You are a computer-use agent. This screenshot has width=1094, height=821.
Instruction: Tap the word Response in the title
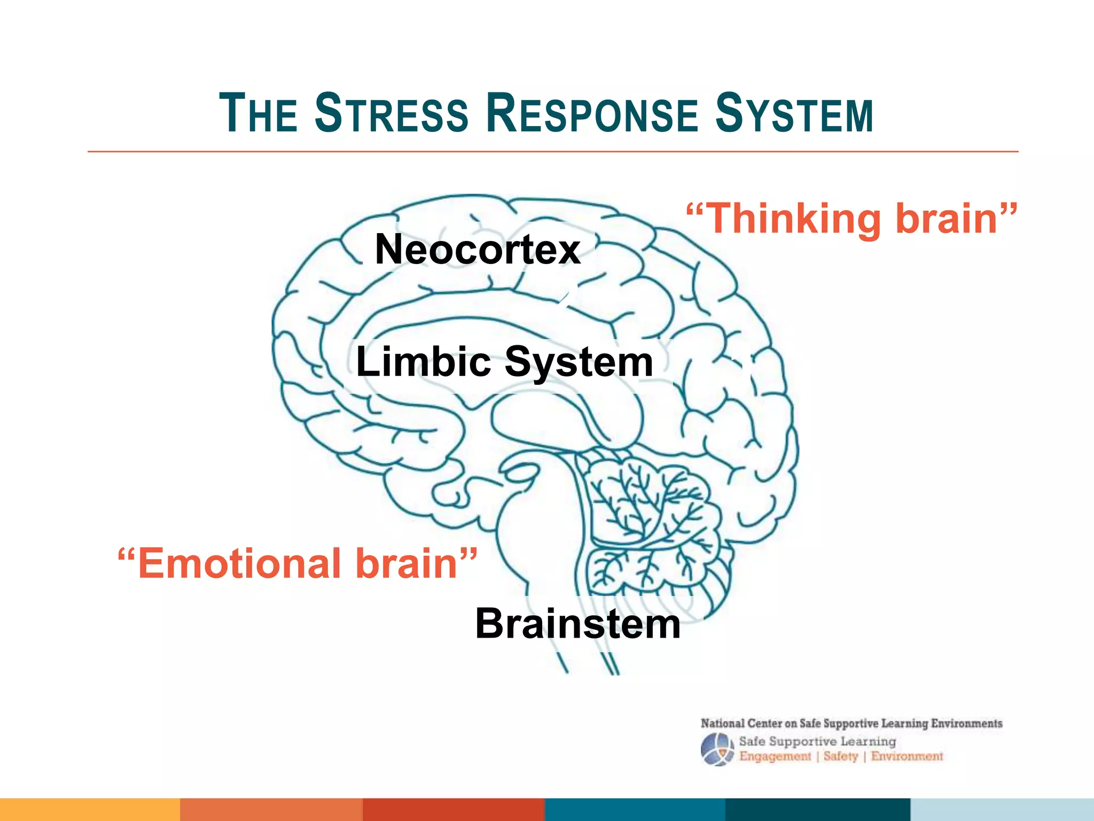click(x=592, y=113)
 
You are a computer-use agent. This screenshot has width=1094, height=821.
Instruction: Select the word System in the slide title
click(x=794, y=113)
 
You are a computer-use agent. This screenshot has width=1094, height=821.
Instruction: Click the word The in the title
click(x=258, y=113)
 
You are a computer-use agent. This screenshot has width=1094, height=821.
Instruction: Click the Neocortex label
click(x=478, y=250)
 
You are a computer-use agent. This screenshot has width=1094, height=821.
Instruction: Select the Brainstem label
click(x=578, y=624)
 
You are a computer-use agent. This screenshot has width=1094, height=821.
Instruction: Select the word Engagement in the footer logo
click(x=775, y=756)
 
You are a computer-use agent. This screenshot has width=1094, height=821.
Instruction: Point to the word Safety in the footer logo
click(x=840, y=756)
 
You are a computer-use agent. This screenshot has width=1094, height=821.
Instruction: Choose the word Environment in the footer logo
click(x=907, y=756)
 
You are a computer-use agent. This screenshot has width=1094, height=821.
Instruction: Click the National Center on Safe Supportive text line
click(x=851, y=724)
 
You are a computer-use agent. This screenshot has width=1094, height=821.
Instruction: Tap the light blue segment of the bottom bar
click(x=1002, y=809)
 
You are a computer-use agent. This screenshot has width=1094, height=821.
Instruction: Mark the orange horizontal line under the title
click(x=553, y=152)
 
